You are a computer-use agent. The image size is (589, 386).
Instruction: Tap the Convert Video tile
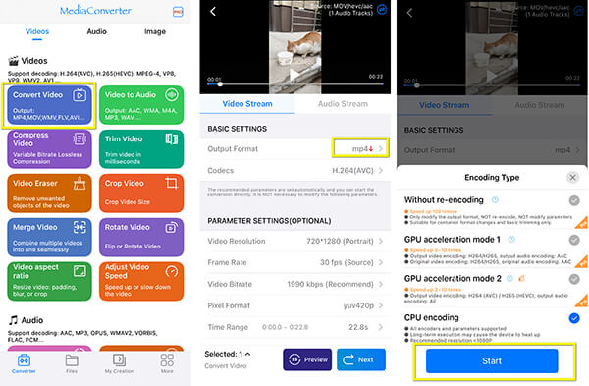click(x=49, y=107)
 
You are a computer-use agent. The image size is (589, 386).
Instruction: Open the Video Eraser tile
click(x=49, y=193)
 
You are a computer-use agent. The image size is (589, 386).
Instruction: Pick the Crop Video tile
click(x=143, y=193)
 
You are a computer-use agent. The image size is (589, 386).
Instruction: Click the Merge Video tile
click(x=49, y=236)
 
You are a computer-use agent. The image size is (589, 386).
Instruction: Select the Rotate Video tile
click(x=143, y=236)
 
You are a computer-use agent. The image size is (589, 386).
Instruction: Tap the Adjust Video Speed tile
click(x=143, y=279)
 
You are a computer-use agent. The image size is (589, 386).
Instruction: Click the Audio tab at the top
click(x=97, y=30)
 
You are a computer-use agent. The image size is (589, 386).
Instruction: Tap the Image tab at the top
click(x=154, y=30)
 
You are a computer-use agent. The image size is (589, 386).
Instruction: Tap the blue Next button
click(x=360, y=358)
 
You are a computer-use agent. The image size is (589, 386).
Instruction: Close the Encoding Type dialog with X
click(x=572, y=178)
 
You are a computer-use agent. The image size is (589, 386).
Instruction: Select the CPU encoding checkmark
click(x=572, y=317)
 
